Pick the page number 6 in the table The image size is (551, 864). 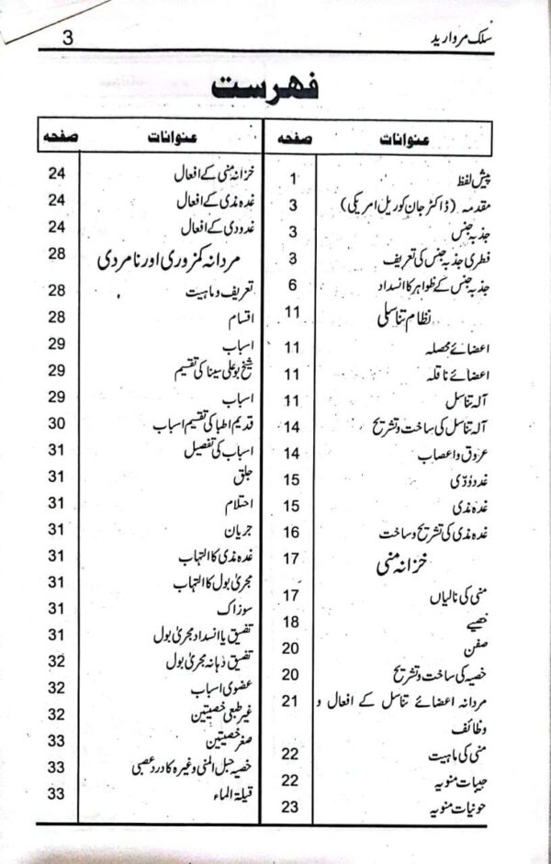[292, 285]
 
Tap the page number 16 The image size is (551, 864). [292, 532]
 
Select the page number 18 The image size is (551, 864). [292, 623]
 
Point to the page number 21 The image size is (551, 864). [292, 701]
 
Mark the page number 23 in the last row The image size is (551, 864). [292, 806]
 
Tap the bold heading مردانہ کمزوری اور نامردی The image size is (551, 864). [171, 261]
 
